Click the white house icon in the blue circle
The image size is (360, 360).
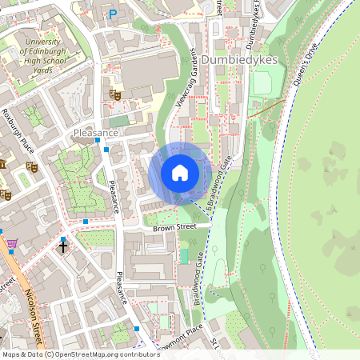[180, 173]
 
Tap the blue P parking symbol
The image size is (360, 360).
[113, 14]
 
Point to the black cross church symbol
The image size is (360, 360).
[63, 247]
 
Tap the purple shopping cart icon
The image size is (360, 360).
[12, 243]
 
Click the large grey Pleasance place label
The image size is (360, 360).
[95, 132]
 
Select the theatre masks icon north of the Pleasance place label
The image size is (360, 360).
[115, 94]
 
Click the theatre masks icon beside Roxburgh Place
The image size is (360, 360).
[33, 167]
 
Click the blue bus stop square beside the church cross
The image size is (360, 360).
[63, 238]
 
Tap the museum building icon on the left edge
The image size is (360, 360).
[2, 164]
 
